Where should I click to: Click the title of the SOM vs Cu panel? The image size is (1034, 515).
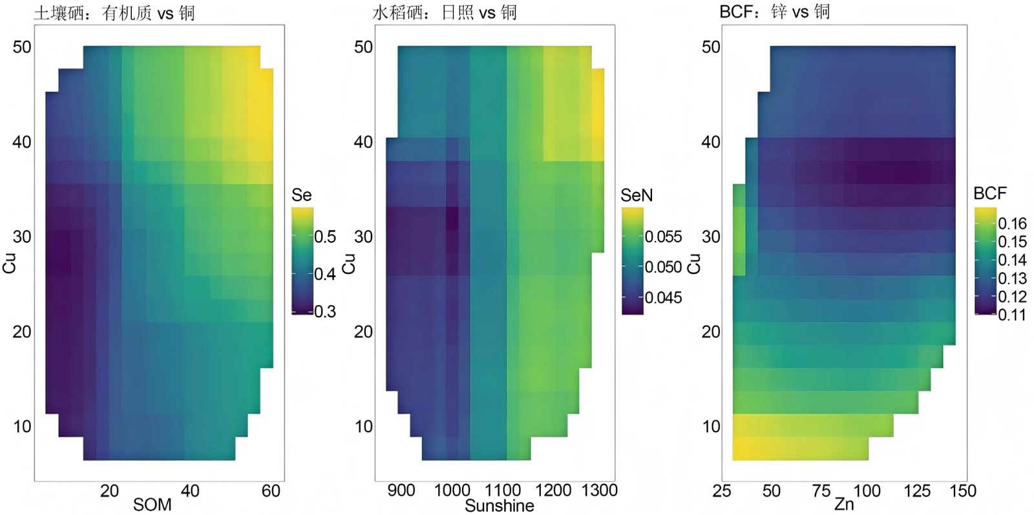coord(114,13)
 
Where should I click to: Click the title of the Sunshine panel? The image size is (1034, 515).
coord(445,12)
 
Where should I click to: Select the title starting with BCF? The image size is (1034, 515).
coord(774,12)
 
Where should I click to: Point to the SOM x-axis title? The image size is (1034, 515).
coord(153,505)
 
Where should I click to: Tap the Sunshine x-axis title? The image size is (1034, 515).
coord(500,505)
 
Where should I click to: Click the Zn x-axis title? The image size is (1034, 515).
coord(844,503)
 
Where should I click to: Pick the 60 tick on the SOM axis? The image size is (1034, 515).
coord(271,491)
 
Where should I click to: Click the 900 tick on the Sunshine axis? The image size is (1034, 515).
coord(401,490)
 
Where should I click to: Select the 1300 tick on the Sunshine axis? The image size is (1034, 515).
coord(599,490)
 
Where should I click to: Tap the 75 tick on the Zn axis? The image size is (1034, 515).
coord(821,490)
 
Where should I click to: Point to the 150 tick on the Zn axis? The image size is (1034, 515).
coord(962,491)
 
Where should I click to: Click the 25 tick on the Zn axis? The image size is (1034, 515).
coord(722,491)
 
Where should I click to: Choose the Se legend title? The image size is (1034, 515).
coord(302,195)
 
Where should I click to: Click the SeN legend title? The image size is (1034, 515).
coord(637,195)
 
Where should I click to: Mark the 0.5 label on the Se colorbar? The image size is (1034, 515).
coord(325,236)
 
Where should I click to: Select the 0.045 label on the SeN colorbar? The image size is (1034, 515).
coord(663,298)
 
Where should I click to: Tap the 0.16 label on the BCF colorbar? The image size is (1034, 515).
coord(1012,224)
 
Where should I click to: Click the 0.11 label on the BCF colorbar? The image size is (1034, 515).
coord(1012,315)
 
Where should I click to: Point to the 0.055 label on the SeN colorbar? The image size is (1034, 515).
coord(663,236)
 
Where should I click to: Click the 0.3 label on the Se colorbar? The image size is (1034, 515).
coord(325,312)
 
